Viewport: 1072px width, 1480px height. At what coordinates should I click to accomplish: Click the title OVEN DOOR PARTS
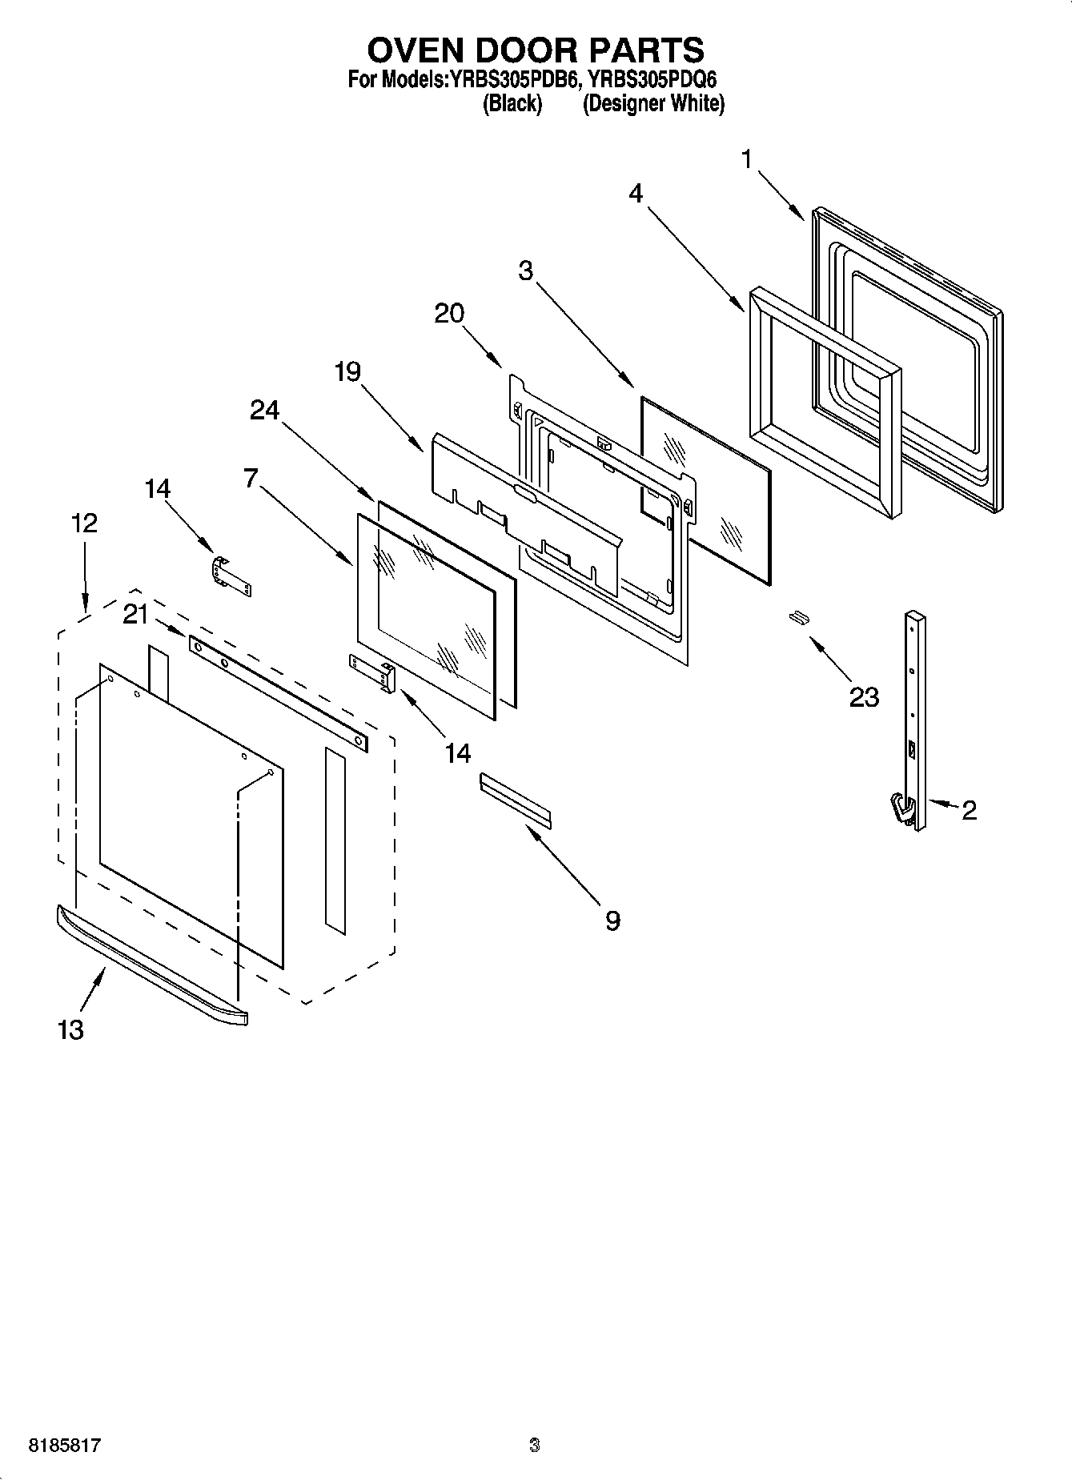point(535,50)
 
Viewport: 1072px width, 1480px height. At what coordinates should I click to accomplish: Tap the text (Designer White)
point(653,104)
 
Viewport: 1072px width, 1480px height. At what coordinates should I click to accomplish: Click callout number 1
point(746,160)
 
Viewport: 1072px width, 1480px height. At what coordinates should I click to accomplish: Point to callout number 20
point(449,314)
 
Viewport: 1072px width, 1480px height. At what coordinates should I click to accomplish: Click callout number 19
point(347,372)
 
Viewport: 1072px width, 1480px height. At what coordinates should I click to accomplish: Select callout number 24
point(265,411)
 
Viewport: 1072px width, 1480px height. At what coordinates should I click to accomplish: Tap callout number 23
point(864,697)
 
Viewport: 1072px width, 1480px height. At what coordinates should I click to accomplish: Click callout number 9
point(612,920)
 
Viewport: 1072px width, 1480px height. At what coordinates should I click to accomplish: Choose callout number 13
point(70,1029)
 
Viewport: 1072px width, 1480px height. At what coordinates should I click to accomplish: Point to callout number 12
point(84,523)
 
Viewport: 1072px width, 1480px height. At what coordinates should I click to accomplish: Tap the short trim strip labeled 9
point(516,799)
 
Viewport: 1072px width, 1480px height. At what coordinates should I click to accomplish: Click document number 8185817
point(64,1446)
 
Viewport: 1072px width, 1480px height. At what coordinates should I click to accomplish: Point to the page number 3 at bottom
point(535,1446)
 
